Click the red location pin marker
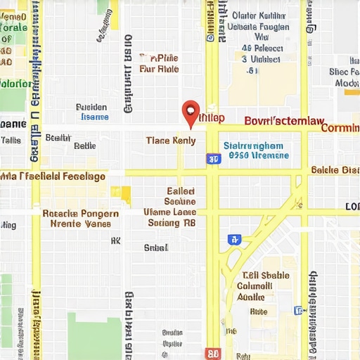point(191,113)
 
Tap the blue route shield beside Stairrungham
point(213,160)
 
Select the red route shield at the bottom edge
point(213,354)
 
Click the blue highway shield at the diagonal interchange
point(233,239)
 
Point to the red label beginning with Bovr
point(284,120)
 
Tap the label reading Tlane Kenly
point(170,141)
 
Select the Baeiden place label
point(91,108)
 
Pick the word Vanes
point(97,224)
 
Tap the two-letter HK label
point(116,240)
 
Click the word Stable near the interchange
point(275,276)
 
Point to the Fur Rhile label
point(159,69)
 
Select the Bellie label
point(84,146)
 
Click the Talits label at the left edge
point(11,140)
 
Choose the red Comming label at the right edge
point(340,128)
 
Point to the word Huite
point(258,311)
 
